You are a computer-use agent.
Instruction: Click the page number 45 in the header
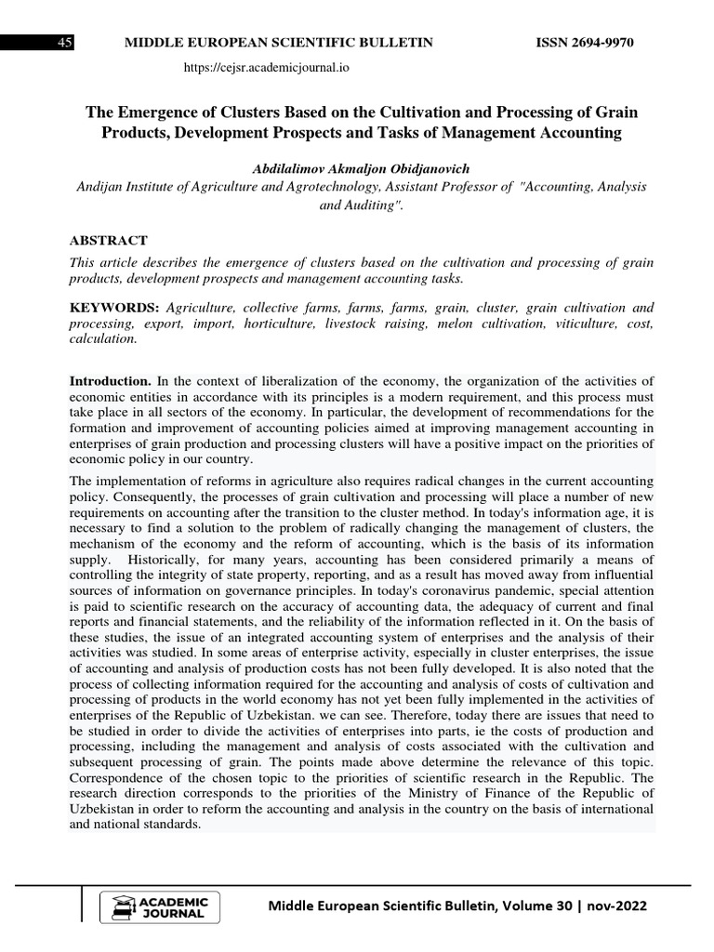coord(65,43)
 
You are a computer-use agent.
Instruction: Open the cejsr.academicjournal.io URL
coord(267,67)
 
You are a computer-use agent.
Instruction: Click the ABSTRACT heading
coord(108,240)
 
